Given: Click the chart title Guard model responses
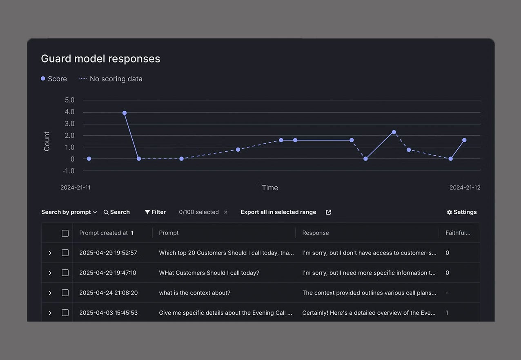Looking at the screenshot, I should [x=100, y=59].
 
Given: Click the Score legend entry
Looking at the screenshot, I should [x=54, y=79].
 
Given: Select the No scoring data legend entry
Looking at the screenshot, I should [x=111, y=79].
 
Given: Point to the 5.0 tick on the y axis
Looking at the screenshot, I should [x=69, y=100].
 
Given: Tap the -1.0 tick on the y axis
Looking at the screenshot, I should [x=69, y=171].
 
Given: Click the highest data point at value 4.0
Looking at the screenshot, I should [x=125, y=113].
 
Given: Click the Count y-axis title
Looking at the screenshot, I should [x=47, y=141].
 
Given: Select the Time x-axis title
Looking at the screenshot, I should [x=269, y=188].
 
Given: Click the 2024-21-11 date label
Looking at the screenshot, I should [x=76, y=188].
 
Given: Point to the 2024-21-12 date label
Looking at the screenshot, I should [x=465, y=188].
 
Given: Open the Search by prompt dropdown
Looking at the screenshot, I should [x=69, y=212].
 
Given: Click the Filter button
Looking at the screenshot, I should [x=155, y=212].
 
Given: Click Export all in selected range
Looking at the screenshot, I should [x=278, y=212].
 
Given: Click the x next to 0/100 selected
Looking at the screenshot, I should [x=225, y=212].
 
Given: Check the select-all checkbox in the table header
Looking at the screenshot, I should [x=65, y=233].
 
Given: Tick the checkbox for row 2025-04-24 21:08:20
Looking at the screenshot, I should [x=65, y=293].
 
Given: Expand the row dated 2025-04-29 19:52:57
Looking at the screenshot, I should [x=50, y=253].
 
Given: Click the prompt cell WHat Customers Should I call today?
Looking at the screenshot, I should [x=209, y=273].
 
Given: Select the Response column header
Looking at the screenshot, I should [x=315, y=233].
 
